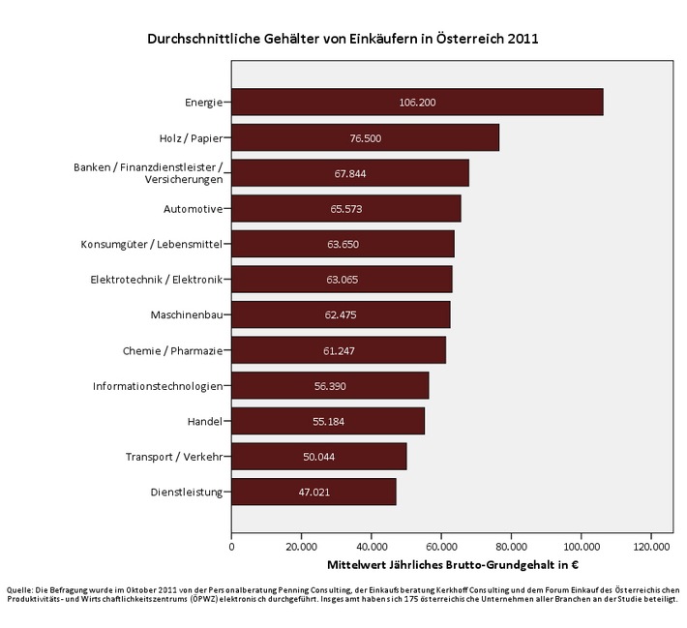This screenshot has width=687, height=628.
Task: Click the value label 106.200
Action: click(416, 102)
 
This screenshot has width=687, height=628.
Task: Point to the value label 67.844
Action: click(349, 173)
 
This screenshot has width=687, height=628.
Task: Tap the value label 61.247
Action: click(338, 350)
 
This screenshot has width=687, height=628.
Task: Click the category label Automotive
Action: click(194, 209)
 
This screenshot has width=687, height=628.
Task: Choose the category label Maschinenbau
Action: click(187, 315)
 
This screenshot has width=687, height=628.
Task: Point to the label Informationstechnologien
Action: click(158, 386)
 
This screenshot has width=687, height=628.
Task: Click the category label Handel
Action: click(205, 421)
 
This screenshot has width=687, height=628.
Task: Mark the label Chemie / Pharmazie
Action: click(172, 350)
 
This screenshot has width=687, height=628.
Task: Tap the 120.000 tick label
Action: click(650, 546)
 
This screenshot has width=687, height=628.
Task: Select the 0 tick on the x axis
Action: click(231, 546)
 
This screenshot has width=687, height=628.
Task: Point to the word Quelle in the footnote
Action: click(19, 588)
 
